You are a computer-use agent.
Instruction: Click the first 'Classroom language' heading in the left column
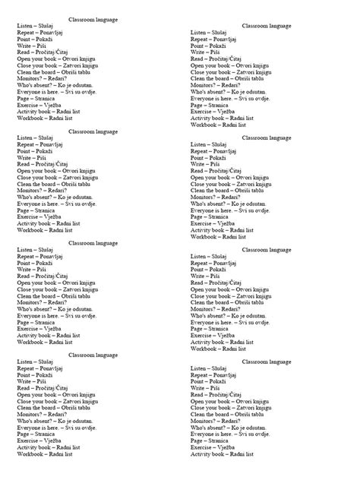93,17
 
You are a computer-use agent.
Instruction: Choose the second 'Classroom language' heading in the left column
93,131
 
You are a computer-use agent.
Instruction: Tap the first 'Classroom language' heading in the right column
266,26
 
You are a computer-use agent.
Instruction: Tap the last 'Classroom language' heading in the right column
266,361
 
